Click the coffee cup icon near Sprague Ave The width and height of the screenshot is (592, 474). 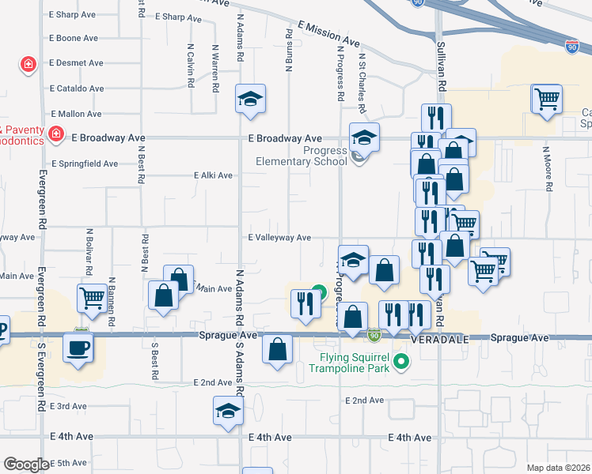(78, 348)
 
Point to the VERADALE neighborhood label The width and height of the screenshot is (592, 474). (440, 337)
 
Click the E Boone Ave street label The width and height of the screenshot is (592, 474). (74, 38)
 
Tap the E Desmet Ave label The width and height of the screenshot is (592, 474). (76, 63)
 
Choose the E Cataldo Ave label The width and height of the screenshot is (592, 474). (76, 88)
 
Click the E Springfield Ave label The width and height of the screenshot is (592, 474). (84, 164)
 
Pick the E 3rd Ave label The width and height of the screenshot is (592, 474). (68, 406)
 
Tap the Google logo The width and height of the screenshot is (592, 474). (25, 465)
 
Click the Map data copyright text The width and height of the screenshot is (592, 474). (557, 468)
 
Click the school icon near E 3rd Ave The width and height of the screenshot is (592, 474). (227, 412)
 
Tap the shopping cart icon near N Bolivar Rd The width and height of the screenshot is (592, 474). (92, 299)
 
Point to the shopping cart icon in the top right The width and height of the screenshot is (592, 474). (547, 99)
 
